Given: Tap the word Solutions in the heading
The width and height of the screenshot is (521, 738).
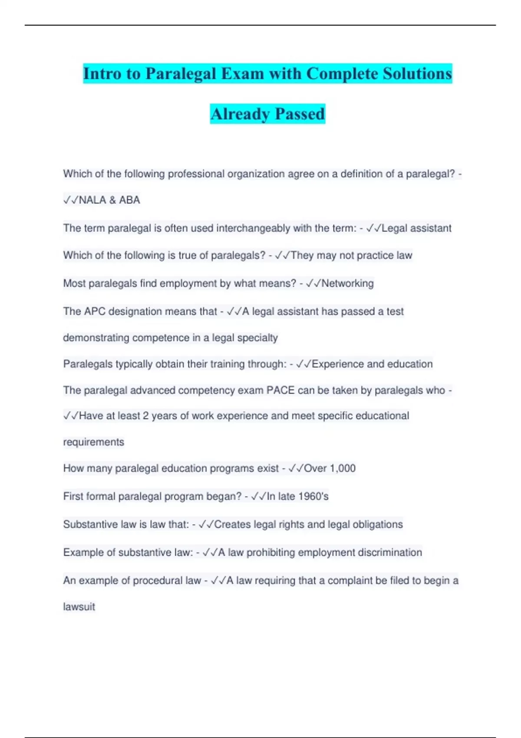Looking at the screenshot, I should [x=417, y=73].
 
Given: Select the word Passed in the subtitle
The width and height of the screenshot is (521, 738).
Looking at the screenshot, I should [x=300, y=114].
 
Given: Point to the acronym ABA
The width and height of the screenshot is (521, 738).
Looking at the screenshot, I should [x=129, y=200].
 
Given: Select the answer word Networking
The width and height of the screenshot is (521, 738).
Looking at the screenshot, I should [x=347, y=283].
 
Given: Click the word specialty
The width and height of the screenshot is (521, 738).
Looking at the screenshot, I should [x=258, y=338].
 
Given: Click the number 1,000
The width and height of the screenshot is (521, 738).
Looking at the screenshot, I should [x=342, y=468].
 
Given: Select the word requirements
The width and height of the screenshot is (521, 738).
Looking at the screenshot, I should [x=94, y=442].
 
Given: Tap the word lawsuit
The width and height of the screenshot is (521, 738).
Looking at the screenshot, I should [x=79, y=606].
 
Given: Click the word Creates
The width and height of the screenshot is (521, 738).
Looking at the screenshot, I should [x=232, y=524].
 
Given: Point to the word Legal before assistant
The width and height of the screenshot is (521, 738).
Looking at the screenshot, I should [x=394, y=228].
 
